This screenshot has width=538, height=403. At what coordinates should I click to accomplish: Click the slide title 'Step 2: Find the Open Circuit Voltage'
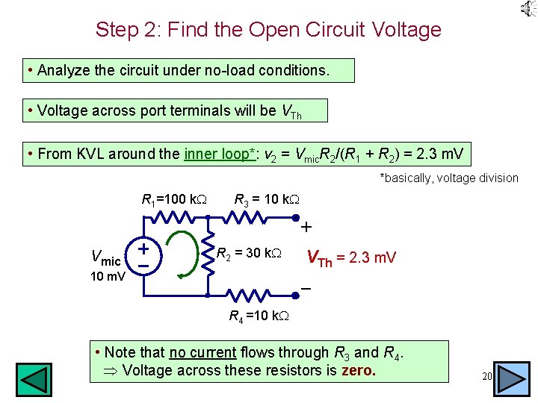[268, 30]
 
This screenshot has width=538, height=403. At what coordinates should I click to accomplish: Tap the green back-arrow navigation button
[34, 379]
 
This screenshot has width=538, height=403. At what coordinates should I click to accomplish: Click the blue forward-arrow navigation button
[513, 379]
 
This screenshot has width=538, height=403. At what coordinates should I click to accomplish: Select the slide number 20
[486, 377]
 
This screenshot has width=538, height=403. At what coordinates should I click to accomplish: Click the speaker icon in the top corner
[528, 9]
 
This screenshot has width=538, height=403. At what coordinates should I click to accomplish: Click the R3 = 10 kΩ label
[268, 199]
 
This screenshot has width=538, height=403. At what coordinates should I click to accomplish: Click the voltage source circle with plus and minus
[144, 255]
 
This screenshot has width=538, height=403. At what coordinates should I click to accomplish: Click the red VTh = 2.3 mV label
[351, 258]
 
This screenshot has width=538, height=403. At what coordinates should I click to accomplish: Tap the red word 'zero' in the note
[358, 371]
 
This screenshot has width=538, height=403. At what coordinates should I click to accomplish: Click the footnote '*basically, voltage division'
[449, 178]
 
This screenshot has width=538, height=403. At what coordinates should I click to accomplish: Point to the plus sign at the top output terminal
[306, 226]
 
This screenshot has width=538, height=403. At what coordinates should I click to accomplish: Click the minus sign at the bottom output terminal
[306, 288]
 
